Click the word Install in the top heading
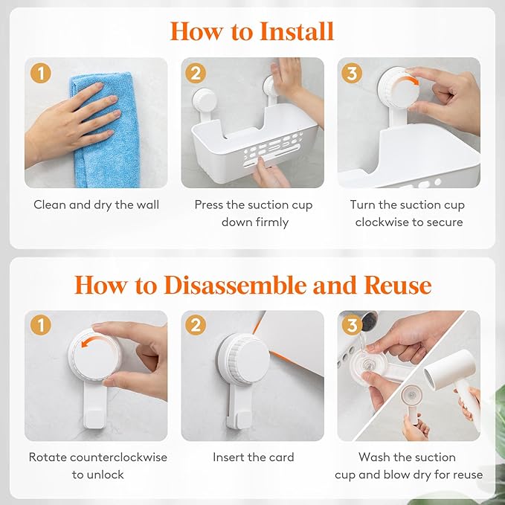coord(296,31)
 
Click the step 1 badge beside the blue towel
coord(41,73)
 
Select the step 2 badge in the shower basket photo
coord(196,73)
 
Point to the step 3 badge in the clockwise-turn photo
coord(352,73)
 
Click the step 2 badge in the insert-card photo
coord(196,325)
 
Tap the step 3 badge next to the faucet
coord(352,325)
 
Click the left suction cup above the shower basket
coord(204,100)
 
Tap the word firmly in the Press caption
coord(272,222)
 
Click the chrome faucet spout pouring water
coord(370,320)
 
